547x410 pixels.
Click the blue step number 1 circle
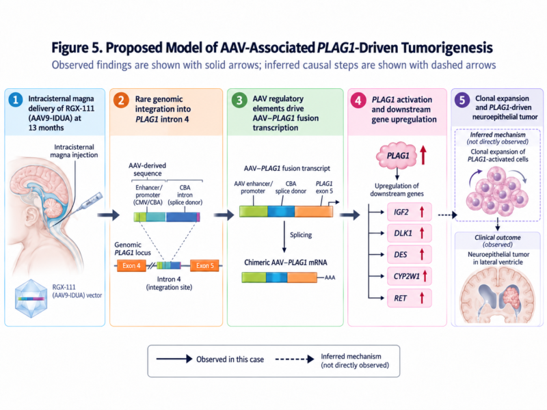[x=15, y=100]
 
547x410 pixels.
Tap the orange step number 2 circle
[x=121, y=100]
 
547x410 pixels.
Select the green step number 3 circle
[x=239, y=100]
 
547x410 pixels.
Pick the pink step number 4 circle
[x=358, y=100]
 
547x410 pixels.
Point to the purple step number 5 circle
[x=462, y=100]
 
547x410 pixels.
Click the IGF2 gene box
[x=409, y=212]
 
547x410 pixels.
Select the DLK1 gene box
[x=409, y=233]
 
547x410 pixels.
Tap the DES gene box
[x=409, y=255]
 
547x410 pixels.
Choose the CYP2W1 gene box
[x=409, y=277]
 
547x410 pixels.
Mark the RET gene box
[x=409, y=298]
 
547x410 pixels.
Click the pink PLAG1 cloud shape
[x=397, y=155]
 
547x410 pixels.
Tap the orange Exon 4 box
[x=131, y=266]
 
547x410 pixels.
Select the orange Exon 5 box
[x=204, y=266]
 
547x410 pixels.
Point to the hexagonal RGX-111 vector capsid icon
[x=31, y=299]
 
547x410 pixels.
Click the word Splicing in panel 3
[x=301, y=234]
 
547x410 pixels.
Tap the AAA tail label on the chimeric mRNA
[x=330, y=277]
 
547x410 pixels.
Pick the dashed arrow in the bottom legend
[x=295, y=359]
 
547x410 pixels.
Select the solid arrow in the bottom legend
[x=174, y=359]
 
